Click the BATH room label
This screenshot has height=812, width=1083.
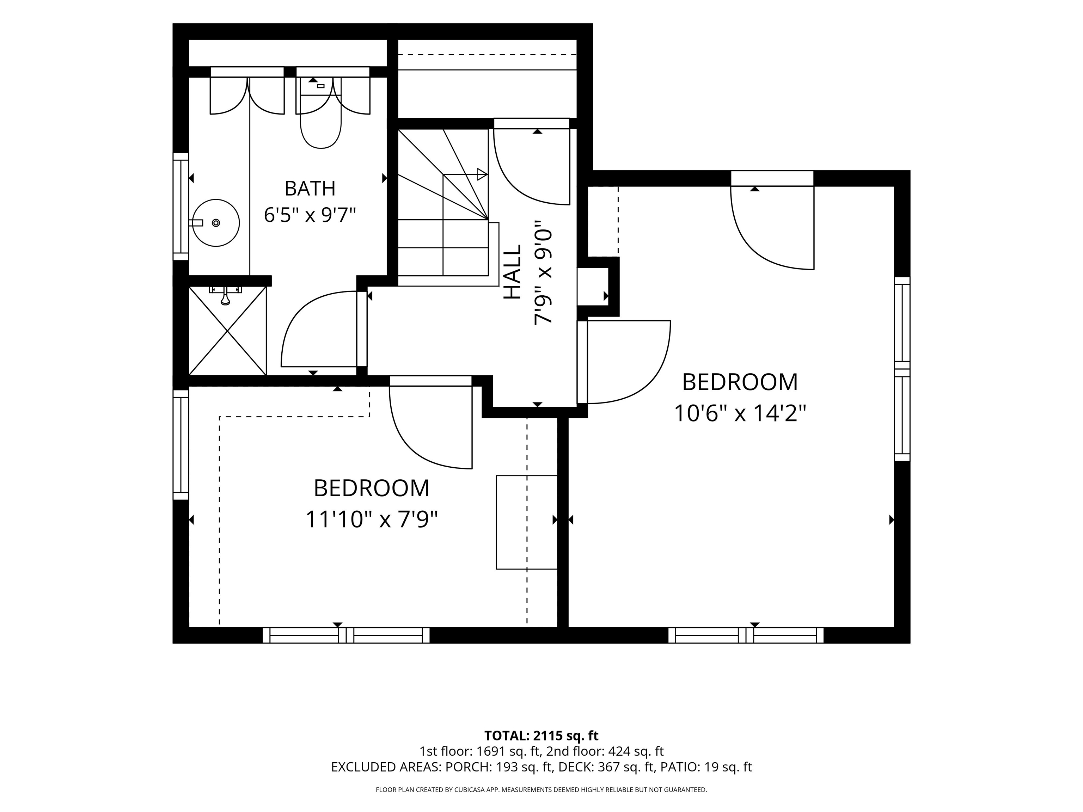coord(310,189)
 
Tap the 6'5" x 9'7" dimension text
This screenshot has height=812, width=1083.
coord(310,215)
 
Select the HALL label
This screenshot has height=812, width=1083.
coord(513,272)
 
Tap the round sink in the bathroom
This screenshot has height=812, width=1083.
coord(215,223)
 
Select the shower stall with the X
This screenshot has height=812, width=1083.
coord(228,331)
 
